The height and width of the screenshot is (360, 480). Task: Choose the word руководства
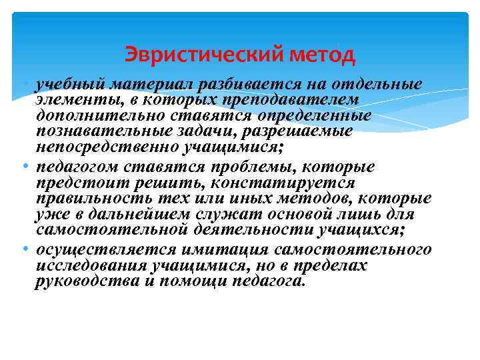click(x=79, y=281)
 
